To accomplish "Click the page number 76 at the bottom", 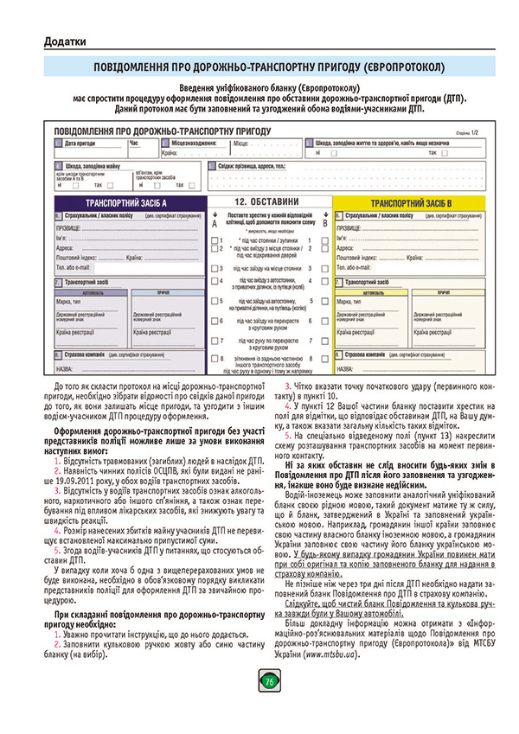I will click(269, 705).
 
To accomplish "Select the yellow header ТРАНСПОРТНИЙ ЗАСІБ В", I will click(411, 202).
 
